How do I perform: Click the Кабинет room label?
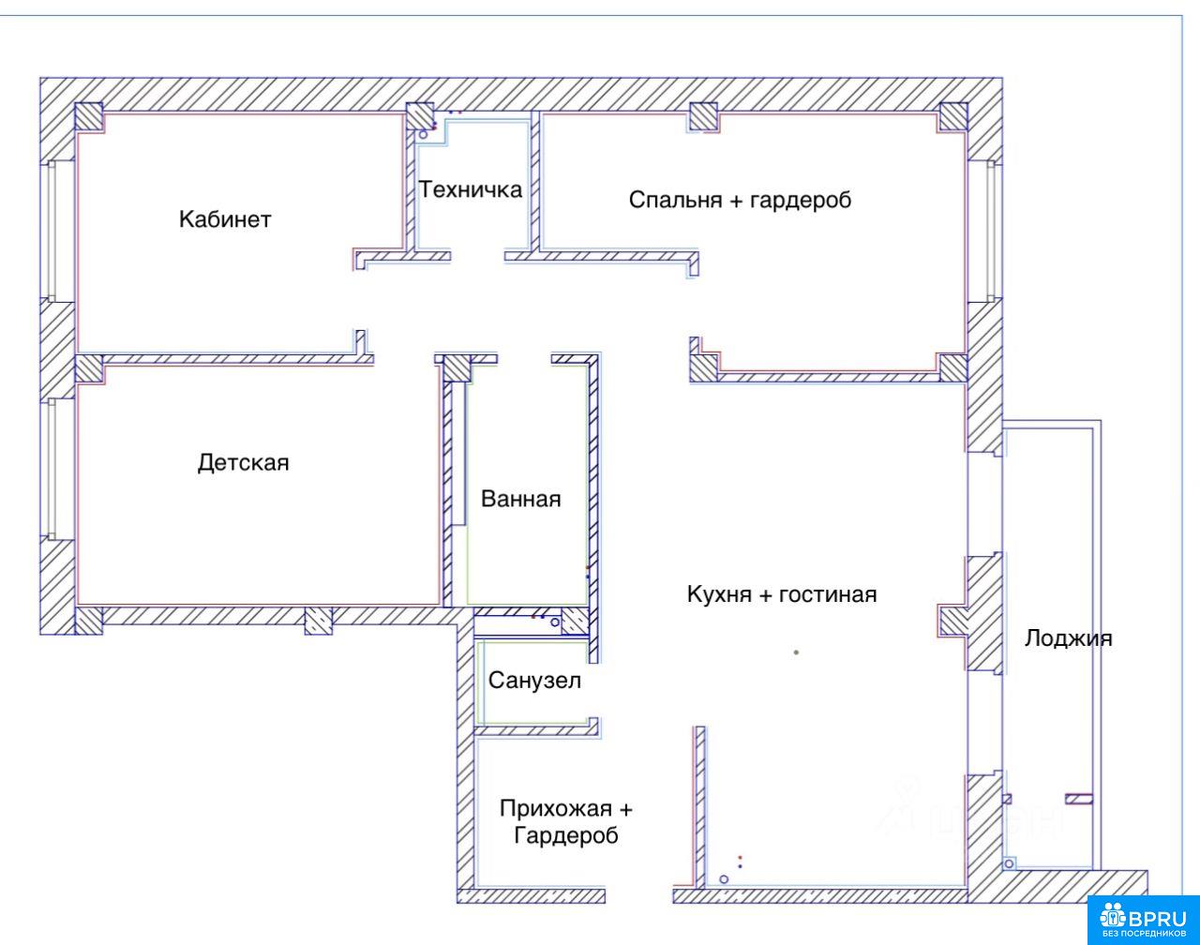point(225,219)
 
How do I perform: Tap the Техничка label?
point(470,189)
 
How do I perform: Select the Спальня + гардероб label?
point(740,200)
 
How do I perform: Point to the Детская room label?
point(243,463)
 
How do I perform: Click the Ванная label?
point(521,499)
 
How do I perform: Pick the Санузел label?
point(534,681)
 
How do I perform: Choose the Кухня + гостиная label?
point(782,594)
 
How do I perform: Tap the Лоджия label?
point(1069,638)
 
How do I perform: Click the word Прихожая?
point(555,808)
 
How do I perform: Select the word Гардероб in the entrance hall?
point(566,835)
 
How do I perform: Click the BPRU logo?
point(1144,921)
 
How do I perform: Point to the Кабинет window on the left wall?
point(52,231)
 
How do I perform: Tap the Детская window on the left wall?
point(52,469)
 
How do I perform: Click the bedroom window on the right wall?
point(991,231)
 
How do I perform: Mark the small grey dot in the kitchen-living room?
point(796,652)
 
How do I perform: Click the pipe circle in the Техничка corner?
point(423,134)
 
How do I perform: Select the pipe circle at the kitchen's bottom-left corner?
point(724,879)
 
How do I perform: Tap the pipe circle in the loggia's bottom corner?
point(1009,864)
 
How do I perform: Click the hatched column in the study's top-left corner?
point(89,116)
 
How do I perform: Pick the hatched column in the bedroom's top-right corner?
point(953,116)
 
